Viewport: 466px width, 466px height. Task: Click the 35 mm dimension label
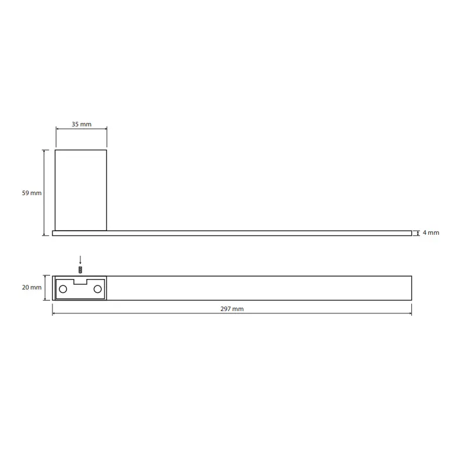82,124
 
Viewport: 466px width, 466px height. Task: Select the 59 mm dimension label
31,193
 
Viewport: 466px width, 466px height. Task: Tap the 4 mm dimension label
431,232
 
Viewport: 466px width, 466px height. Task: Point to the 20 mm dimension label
31,287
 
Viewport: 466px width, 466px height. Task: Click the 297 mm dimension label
232,309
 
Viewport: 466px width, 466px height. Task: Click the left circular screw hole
63,289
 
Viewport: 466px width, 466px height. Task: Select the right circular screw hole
97,289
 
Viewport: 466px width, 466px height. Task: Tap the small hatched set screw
80,270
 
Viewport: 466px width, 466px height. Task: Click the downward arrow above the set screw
80,260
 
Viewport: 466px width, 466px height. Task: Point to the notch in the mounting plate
80,282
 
